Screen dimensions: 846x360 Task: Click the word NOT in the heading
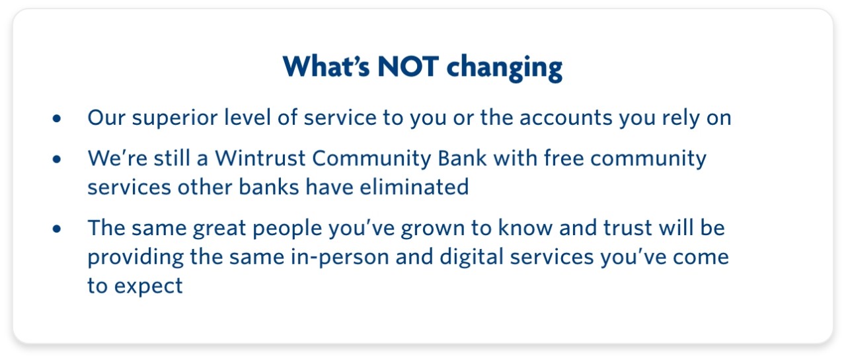point(408,67)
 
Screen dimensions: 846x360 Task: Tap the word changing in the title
point(504,68)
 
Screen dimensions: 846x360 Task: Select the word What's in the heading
point(326,66)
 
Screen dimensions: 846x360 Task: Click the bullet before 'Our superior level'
point(57,118)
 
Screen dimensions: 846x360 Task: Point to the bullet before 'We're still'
point(57,159)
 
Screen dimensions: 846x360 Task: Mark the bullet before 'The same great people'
point(57,229)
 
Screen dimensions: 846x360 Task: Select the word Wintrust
point(260,158)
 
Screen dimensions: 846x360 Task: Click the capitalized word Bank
point(462,158)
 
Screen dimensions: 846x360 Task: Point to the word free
point(563,158)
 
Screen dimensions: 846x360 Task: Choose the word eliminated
point(414,187)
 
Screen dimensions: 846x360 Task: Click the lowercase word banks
point(269,187)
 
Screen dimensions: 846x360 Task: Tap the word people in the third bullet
point(287,229)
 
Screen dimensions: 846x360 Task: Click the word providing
point(135,258)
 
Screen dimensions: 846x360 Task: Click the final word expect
point(149,287)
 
